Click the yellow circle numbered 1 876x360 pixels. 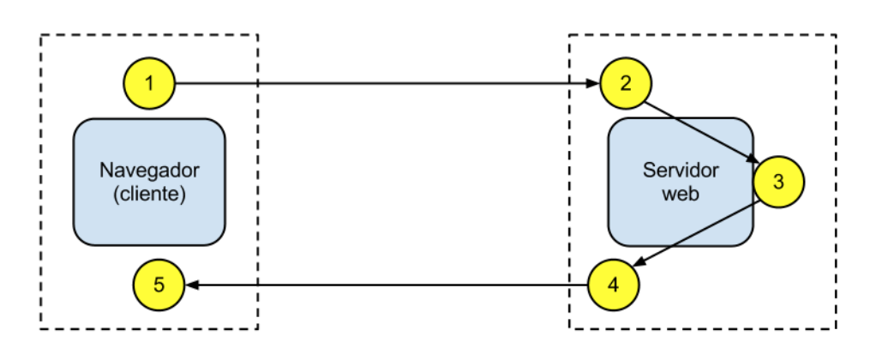point(150,83)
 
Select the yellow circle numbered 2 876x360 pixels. point(626,83)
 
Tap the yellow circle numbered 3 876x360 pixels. point(778,182)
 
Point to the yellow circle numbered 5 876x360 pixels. point(159,284)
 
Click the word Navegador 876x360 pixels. point(149,168)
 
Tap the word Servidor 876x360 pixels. point(681,168)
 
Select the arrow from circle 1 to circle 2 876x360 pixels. point(386,84)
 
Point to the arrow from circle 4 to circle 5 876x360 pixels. point(386,285)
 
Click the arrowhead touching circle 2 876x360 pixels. point(593,84)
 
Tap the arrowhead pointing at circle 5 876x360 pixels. point(191,285)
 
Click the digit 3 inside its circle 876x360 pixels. point(778,182)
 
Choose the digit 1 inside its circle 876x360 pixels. point(150,83)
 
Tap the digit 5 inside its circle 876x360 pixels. point(159,284)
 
